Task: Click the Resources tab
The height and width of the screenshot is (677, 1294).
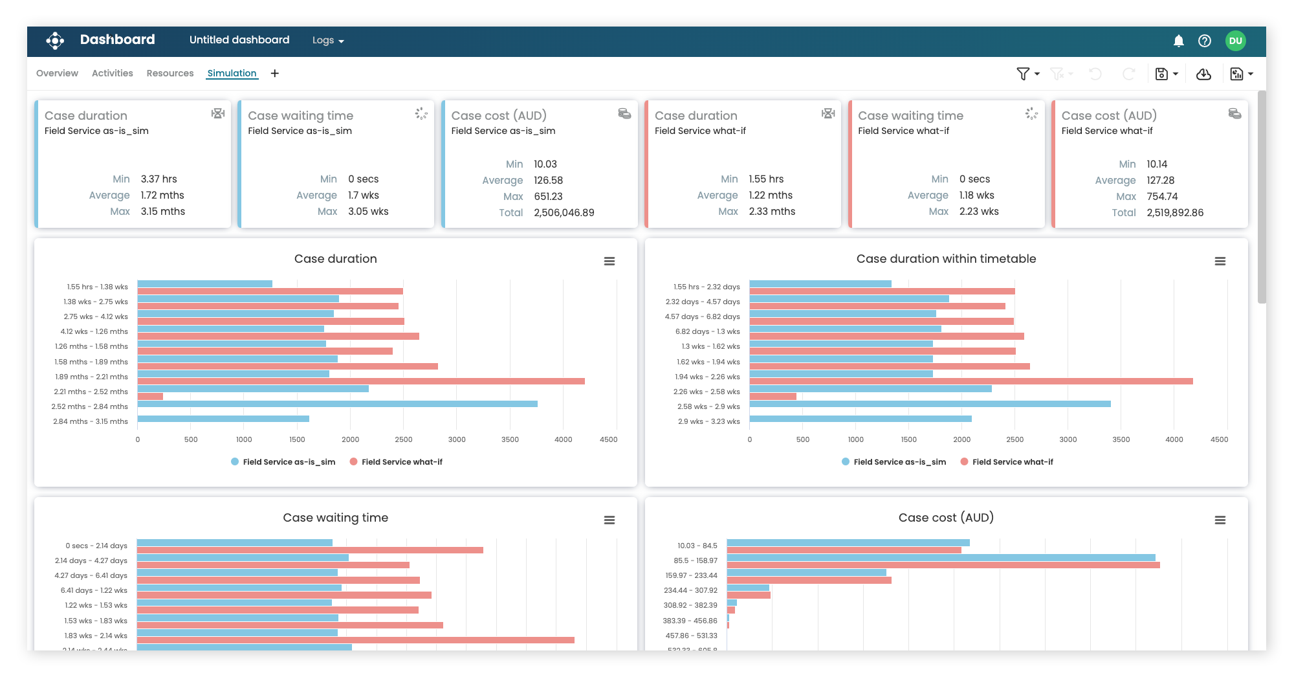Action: coord(170,73)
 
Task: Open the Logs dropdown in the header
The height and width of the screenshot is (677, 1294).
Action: coord(327,40)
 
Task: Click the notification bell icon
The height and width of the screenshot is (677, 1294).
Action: coord(1178,41)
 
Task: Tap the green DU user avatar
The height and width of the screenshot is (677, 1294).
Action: coord(1235,41)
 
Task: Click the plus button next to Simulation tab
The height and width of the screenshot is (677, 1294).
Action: coord(274,73)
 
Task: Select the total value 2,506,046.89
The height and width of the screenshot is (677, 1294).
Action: coord(564,212)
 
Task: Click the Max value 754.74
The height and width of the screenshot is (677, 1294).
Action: coord(1162,196)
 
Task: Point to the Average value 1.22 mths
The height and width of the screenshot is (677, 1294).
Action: coord(770,195)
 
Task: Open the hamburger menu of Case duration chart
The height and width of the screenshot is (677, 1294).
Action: coord(609,261)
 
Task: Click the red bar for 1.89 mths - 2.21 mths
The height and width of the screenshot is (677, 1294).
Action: coord(361,381)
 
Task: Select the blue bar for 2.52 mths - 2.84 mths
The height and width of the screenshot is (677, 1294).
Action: coord(337,404)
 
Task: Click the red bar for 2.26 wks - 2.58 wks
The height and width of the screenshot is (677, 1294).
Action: coord(773,396)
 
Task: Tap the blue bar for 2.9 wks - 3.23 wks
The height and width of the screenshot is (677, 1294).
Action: coord(860,419)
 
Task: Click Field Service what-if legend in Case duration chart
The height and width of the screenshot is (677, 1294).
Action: coord(401,461)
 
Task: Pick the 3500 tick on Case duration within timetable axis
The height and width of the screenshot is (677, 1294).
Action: coord(1121,439)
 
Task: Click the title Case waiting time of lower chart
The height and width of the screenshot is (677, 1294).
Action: coord(335,517)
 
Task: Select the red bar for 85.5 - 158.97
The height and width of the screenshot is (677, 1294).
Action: coord(943,565)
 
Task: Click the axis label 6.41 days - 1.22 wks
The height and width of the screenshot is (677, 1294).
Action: coord(94,590)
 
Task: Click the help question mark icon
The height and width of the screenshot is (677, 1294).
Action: coord(1204,41)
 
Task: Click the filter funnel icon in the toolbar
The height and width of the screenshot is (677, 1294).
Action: coord(1022,74)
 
